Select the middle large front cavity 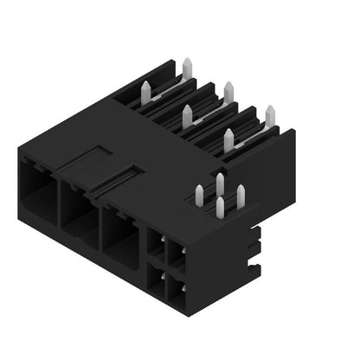80,215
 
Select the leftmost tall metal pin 144,93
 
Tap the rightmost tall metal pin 269,117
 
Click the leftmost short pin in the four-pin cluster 199,196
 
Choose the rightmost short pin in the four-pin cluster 241,196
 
